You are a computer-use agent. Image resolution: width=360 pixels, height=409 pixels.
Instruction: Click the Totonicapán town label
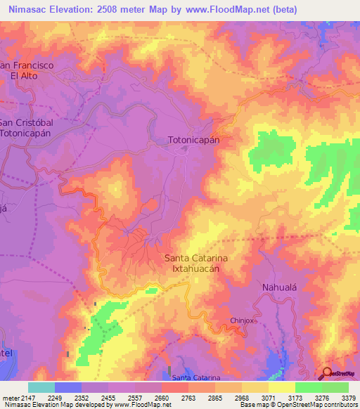click(194, 140)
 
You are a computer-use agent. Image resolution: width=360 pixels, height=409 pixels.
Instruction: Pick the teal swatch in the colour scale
click(41, 387)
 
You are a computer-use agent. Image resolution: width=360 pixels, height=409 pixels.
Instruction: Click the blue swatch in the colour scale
click(68, 387)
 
